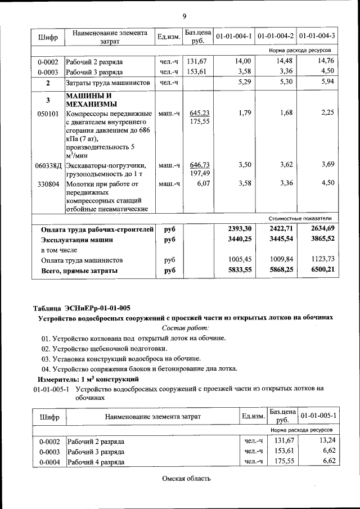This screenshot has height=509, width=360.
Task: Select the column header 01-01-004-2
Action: click(276, 37)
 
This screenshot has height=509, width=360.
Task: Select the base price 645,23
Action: click(200, 113)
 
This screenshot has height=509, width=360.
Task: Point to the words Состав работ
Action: click(185, 327)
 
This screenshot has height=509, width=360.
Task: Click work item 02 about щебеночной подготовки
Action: click(116, 348)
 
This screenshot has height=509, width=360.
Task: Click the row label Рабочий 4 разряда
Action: click(96, 462)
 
